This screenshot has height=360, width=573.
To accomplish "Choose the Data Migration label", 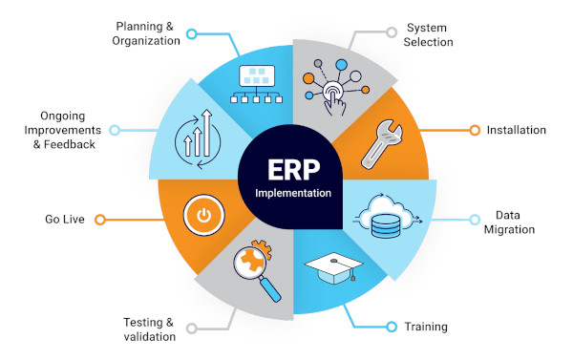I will tap(515, 222).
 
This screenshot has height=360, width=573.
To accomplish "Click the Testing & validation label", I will tap(149, 328).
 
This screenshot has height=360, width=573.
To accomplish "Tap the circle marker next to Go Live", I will tap(99, 219).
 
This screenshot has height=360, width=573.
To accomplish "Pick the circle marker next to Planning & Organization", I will tap(192, 33).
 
